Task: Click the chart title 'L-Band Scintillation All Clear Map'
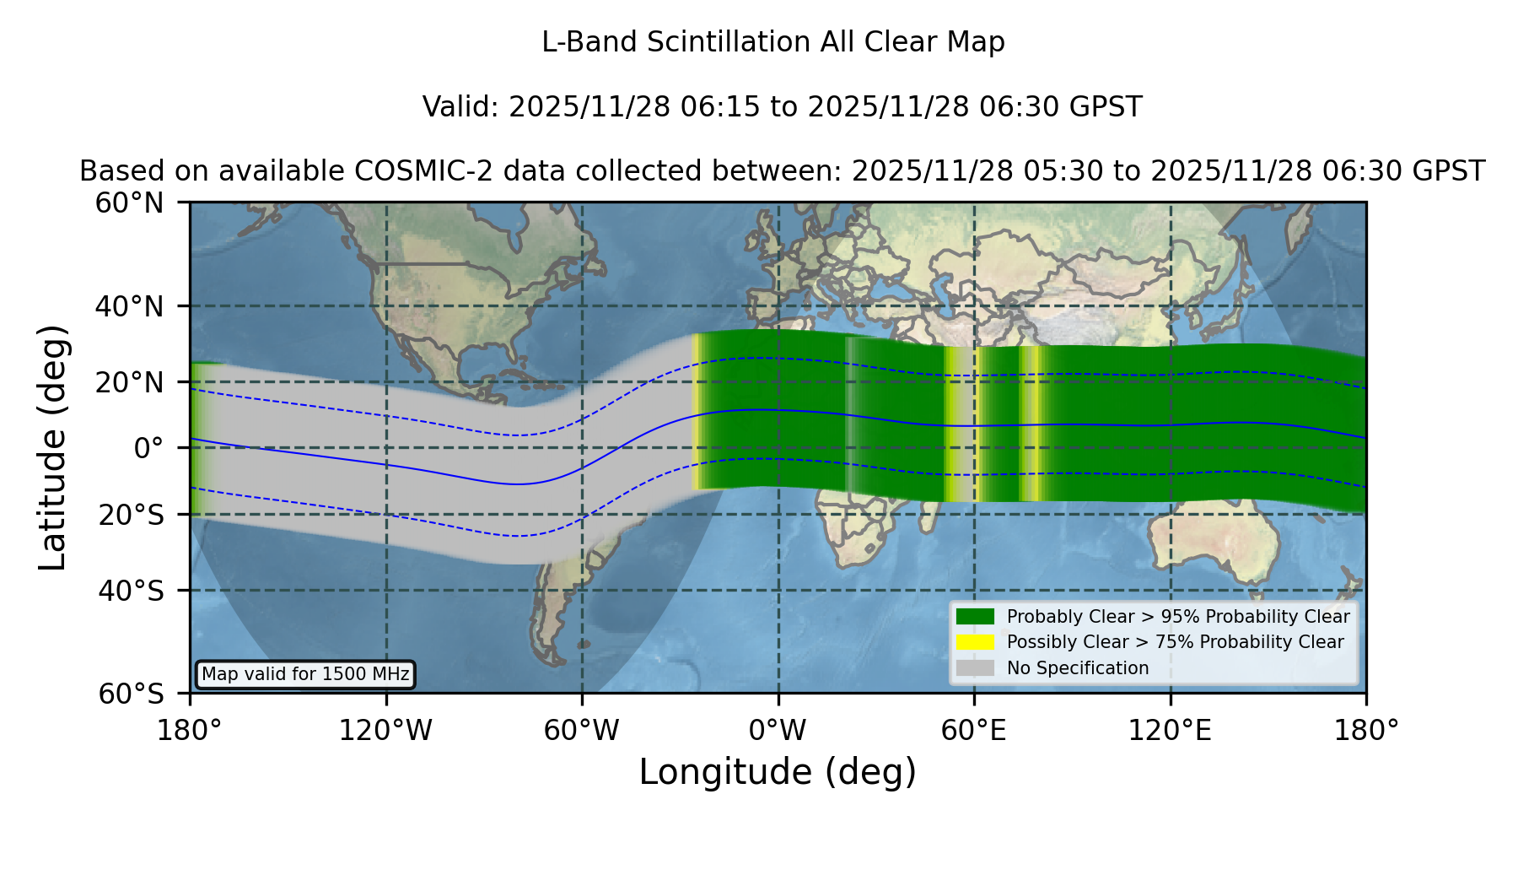[x=772, y=42]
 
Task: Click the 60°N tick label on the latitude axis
[x=129, y=203]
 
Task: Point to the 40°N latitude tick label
[x=129, y=306]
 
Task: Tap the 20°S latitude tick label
[x=131, y=515]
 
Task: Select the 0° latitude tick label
[x=148, y=448]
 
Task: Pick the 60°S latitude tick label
[x=131, y=694]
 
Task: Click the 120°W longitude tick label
[x=385, y=731]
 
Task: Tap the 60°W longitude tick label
[x=582, y=731]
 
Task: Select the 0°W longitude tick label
[x=778, y=731]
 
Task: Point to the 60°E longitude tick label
[x=974, y=731]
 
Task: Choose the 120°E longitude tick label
[x=1171, y=731]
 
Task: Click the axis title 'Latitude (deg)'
[x=52, y=447]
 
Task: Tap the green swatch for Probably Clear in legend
[x=976, y=616]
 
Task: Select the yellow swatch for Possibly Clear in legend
[x=976, y=642]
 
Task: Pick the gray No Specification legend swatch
[x=976, y=668]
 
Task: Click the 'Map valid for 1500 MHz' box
[x=305, y=674]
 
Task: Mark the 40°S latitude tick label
[x=131, y=592]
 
